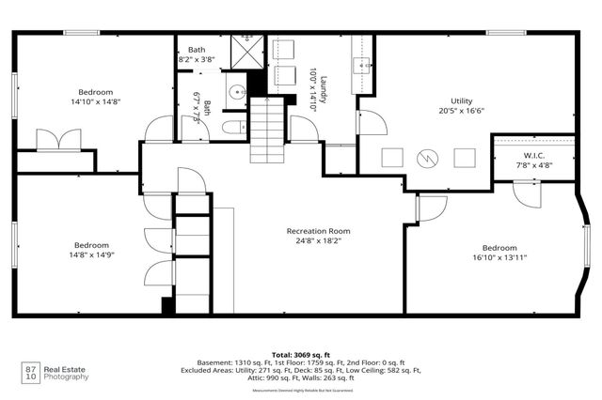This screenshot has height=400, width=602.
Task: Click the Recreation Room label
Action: [x=318, y=230]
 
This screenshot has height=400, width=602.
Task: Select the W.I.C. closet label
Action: [x=533, y=156]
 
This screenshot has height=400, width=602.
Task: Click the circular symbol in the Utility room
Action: [x=428, y=158]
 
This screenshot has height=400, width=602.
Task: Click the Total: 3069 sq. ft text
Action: [x=301, y=353]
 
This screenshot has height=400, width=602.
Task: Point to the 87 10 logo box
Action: [x=31, y=373]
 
